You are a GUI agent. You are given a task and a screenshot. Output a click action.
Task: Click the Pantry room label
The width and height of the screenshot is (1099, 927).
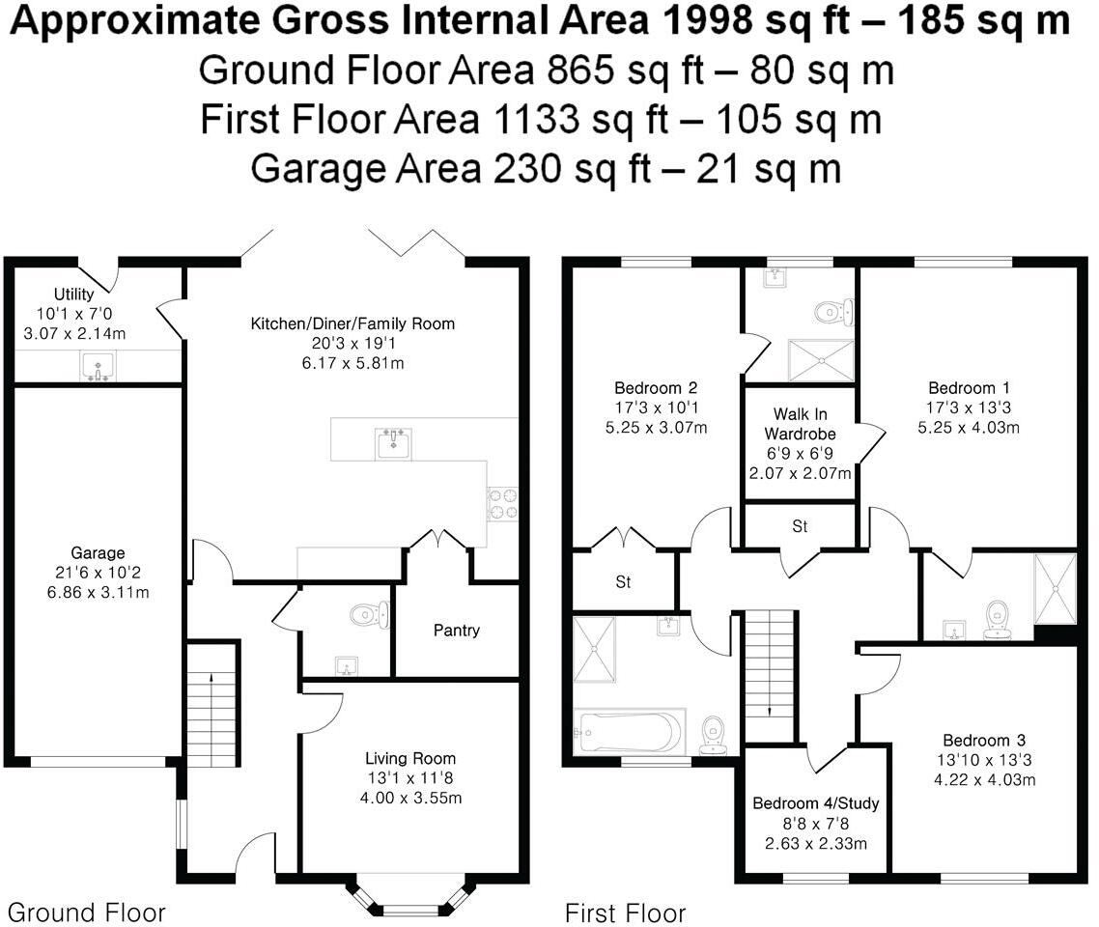pyautogui.click(x=456, y=631)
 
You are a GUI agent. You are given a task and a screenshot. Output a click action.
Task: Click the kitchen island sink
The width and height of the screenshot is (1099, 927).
pyautogui.click(x=393, y=444)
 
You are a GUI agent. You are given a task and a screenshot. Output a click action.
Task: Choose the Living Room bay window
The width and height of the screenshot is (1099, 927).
pyautogui.click(x=410, y=896)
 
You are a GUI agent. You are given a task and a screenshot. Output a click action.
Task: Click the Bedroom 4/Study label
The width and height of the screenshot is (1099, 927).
pyautogui.click(x=816, y=803)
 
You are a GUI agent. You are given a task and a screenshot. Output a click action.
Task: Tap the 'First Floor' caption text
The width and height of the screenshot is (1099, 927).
pyautogui.click(x=625, y=913)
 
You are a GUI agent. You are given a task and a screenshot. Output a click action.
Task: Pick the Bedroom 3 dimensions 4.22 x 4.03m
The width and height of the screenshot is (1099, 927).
pyautogui.click(x=986, y=779)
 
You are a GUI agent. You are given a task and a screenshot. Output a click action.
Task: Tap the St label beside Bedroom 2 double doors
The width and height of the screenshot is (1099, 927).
pyautogui.click(x=623, y=582)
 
